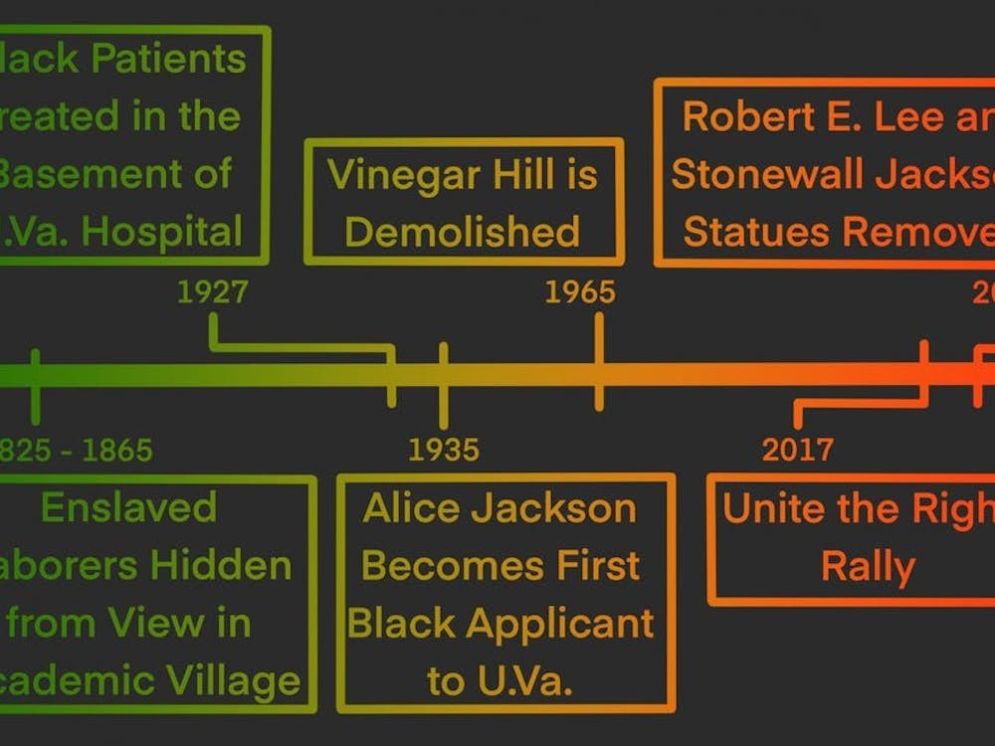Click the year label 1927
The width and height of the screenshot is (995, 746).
pos(212,292)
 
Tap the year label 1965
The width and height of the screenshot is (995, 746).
pos(580,292)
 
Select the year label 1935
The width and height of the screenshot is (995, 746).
pos(444,451)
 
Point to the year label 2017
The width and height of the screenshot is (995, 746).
pos(798,451)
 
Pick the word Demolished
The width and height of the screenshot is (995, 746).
pos(462,233)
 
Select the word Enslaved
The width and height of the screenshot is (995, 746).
pos(128,507)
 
